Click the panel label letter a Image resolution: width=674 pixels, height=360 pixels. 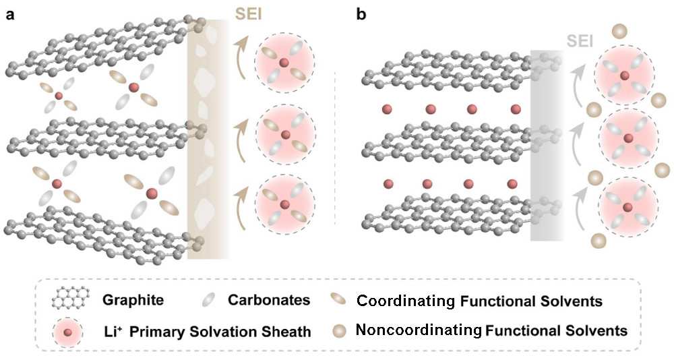point(10,15)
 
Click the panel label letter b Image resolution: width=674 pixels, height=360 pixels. point(361,14)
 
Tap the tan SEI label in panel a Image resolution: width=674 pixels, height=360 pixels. point(248,14)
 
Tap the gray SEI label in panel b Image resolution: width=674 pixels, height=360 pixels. point(580,41)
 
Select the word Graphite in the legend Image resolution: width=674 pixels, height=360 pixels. point(133,299)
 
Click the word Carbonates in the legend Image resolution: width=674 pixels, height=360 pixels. point(269,299)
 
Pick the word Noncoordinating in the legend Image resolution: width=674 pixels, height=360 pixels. point(419,330)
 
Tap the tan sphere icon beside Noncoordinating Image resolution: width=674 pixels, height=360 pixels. point(340,331)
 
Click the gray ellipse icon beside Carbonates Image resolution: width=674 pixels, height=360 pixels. point(210,299)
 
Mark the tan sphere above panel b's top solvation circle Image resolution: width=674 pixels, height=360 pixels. point(619,30)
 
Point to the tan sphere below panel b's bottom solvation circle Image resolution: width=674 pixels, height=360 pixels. point(598,240)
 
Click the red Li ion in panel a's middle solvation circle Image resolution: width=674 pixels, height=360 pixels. point(285,135)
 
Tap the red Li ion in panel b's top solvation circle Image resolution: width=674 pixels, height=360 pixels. point(625,76)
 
